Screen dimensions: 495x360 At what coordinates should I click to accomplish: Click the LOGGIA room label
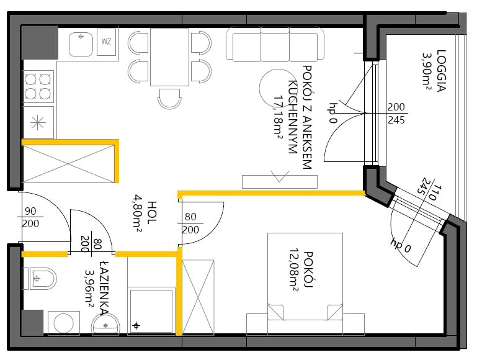(441, 71)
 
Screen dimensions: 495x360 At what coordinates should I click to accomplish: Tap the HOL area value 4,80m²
(138, 213)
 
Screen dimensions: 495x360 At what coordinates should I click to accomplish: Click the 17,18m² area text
(278, 117)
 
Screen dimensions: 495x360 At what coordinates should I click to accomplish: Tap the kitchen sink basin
(81, 44)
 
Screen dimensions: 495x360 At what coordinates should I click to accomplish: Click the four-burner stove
(38, 86)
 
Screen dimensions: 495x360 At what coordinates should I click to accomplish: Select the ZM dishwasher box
(107, 42)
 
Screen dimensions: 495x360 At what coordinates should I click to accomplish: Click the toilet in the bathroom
(39, 279)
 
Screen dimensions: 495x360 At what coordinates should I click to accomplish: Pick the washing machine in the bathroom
(64, 323)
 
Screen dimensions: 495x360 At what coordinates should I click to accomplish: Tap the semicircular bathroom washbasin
(105, 325)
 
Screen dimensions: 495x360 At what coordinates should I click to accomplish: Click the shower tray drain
(136, 326)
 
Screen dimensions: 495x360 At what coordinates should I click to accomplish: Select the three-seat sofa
(275, 44)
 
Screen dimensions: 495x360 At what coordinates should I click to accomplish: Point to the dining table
(169, 57)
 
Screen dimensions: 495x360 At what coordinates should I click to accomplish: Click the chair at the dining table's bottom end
(169, 99)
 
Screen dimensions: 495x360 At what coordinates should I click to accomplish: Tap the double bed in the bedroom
(305, 277)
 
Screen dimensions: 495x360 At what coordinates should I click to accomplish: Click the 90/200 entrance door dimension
(30, 217)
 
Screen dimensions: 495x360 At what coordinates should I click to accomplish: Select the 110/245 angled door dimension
(429, 191)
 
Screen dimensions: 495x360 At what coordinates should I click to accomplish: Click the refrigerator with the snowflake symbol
(38, 122)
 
